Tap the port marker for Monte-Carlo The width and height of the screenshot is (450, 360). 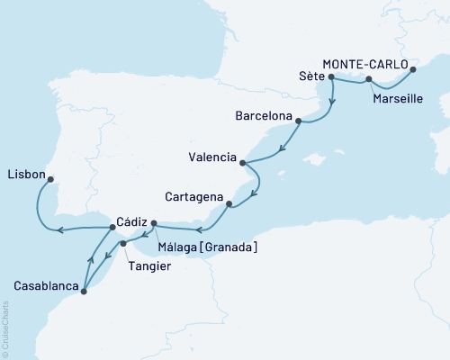(413, 68)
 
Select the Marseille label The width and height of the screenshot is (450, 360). (395, 98)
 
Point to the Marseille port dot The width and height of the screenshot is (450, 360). (370, 81)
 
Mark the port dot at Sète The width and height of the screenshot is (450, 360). (332, 77)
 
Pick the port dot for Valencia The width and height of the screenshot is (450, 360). (242, 162)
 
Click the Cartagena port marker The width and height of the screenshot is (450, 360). (229, 203)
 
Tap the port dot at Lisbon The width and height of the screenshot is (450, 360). (50, 178)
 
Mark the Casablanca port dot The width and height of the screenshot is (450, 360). (83, 290)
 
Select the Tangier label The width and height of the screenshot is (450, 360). (149, 265)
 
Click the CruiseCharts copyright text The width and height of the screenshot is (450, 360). (5, 324)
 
